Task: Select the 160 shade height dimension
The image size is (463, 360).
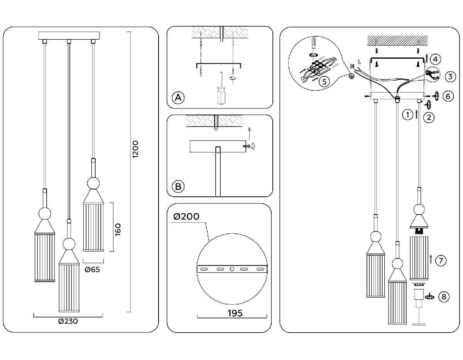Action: click(118, 230)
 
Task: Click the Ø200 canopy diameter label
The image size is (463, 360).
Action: click(186, 216)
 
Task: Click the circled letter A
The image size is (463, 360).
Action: click(178, 98)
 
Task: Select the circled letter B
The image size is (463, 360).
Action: click(178, 187)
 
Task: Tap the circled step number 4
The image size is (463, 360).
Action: click(435, 59)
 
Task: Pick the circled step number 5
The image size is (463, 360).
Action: click(324, 81)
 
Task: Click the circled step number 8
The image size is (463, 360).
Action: click(444, 297)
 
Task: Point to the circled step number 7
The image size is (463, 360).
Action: click(441, 261)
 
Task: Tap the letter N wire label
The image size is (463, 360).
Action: click(351, 66)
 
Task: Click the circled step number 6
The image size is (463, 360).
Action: click(447, 96)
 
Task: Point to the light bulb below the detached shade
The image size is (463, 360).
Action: click(419, 299)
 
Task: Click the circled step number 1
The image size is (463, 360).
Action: click(405, 114)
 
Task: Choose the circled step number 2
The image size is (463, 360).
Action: click(429, 117)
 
